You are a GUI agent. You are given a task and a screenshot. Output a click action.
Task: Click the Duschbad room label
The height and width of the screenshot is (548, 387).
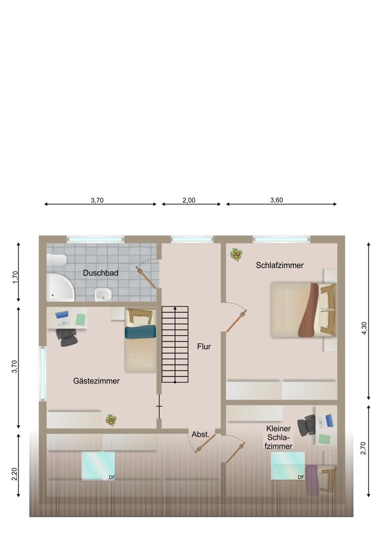coord(100,273)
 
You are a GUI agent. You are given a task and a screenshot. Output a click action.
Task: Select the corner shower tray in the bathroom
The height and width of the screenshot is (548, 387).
coord(60,287)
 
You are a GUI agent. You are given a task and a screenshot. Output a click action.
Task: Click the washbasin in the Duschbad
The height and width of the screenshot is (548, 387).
coord(103,294)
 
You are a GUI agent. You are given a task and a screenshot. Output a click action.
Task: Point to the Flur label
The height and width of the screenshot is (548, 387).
coord(204,346)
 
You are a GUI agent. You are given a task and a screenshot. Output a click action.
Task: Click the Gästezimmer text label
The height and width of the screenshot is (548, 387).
coord(97,381)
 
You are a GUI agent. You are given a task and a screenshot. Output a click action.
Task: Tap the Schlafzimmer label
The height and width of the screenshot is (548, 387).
coord(280,265)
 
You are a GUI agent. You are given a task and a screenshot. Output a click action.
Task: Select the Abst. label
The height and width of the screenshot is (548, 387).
coord(201,434)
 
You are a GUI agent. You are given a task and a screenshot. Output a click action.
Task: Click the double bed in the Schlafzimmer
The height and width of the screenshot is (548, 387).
coord(303,310)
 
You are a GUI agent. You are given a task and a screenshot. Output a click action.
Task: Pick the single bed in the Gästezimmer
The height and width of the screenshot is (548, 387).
coord(140,340)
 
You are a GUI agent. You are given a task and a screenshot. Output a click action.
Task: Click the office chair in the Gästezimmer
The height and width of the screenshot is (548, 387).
coord(67,337)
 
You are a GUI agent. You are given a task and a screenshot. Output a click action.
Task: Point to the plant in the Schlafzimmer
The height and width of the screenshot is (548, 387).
coord(237,255)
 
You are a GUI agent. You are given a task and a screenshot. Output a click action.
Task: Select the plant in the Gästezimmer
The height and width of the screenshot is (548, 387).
coord(111,420)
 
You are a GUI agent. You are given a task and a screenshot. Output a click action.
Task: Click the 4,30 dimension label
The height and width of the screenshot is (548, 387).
coord(364,328)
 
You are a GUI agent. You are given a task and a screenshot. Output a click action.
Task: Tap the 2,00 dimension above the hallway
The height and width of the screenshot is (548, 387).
coord(189,200)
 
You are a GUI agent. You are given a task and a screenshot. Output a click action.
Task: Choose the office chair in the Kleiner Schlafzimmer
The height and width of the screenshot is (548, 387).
coord(307,424)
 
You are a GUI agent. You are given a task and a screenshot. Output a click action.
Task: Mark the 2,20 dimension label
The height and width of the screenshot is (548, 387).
coord(14,474)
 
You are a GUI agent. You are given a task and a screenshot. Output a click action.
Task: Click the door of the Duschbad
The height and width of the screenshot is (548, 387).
coord(146,278)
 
